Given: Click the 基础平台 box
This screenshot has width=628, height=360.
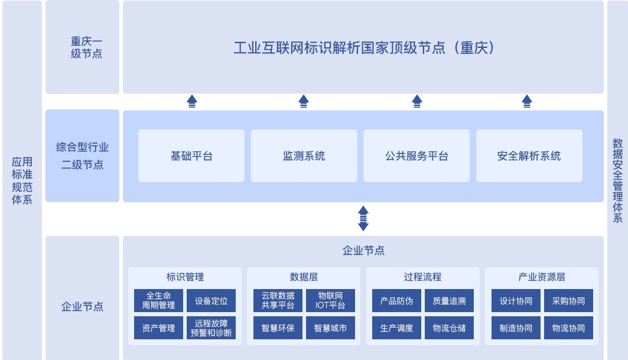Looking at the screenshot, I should click(191, 156).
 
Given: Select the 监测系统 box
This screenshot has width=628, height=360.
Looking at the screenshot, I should click(304, 156).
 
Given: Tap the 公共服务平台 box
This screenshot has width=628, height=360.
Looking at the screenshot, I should click(417, 156).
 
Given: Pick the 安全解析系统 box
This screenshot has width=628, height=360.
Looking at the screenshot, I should click(529, 156).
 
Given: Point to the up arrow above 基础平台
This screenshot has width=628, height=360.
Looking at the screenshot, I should click(191, 101).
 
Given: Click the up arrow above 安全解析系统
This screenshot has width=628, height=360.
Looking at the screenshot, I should click(527, 101).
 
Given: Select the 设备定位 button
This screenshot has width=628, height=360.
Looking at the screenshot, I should click(211, 300).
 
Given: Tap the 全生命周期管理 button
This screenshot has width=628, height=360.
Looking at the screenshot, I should click(158, 300).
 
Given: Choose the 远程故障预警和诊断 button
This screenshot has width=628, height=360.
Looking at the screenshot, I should click(211, 327).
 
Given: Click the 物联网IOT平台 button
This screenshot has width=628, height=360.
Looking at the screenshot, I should click(330, 300).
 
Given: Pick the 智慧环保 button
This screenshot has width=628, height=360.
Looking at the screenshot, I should click(278, 327).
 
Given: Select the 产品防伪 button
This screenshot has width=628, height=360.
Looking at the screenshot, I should click(396, 300).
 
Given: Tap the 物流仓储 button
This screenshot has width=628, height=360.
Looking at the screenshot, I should click(449, 327).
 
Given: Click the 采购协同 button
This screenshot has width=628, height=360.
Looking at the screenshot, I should click(568, 300).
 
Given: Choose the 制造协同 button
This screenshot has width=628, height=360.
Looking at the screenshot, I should click(516, 327).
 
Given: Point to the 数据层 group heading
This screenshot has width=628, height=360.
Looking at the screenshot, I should click(304, 277).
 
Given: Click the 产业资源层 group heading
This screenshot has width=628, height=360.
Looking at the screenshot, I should click(542, 277).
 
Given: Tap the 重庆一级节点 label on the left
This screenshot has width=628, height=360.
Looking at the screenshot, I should click(82, 47).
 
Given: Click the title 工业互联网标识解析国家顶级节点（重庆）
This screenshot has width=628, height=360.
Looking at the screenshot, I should click(363, 48).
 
